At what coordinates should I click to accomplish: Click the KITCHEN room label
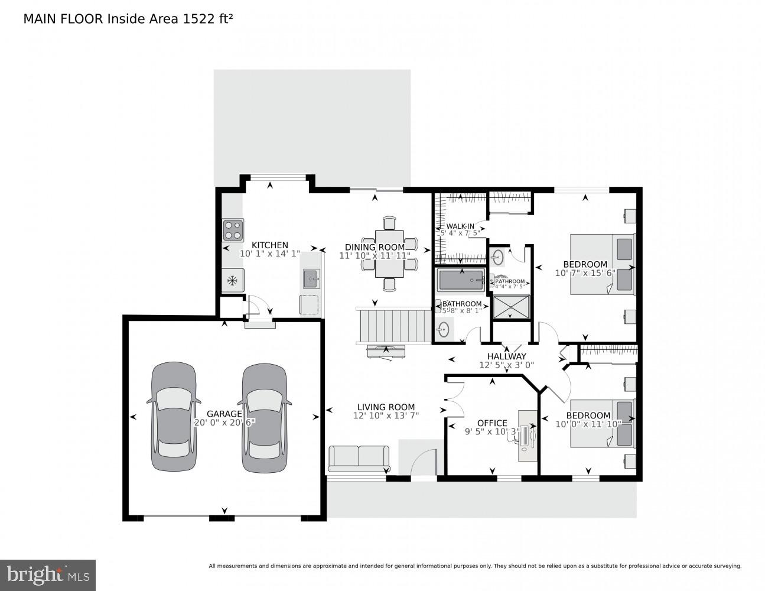coord(270,245)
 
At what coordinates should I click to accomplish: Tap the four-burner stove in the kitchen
coord(233,229)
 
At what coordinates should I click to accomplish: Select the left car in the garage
coord(174,417)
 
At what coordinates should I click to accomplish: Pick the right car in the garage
coord(265,417)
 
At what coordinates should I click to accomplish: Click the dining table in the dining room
coord(389,255)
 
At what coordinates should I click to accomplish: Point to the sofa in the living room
coord(359,458)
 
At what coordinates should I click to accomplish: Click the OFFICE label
coord(492,423)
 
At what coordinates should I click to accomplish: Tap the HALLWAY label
coord(506,356)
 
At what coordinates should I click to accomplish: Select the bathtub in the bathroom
coord(461,280)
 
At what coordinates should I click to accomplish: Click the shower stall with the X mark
coord(512,307)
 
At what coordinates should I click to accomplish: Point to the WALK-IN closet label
coord(460,226)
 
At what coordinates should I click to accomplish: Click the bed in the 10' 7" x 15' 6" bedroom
coord(602,264)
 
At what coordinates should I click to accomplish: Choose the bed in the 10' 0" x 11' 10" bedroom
coord(602,423)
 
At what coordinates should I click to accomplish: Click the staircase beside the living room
coord(393,325)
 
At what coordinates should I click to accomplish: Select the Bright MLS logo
coord(47,574)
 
